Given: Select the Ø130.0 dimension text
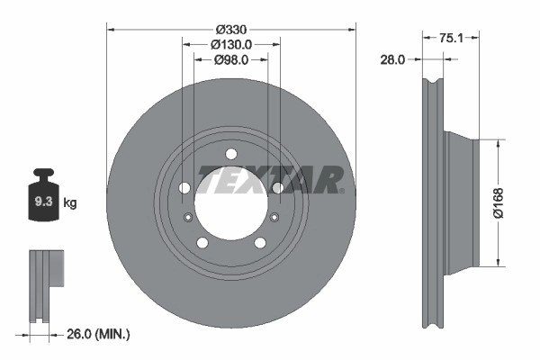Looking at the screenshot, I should coord(231,43).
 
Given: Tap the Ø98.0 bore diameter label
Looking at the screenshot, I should coord(231,59).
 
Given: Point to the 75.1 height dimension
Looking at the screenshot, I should coord(451,39).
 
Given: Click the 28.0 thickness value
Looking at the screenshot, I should coord(392,59).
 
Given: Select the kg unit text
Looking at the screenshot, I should coord(70,203).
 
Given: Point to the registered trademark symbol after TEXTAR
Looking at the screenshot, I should coord(341,189).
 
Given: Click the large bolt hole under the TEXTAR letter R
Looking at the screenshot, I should coord(278,187).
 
